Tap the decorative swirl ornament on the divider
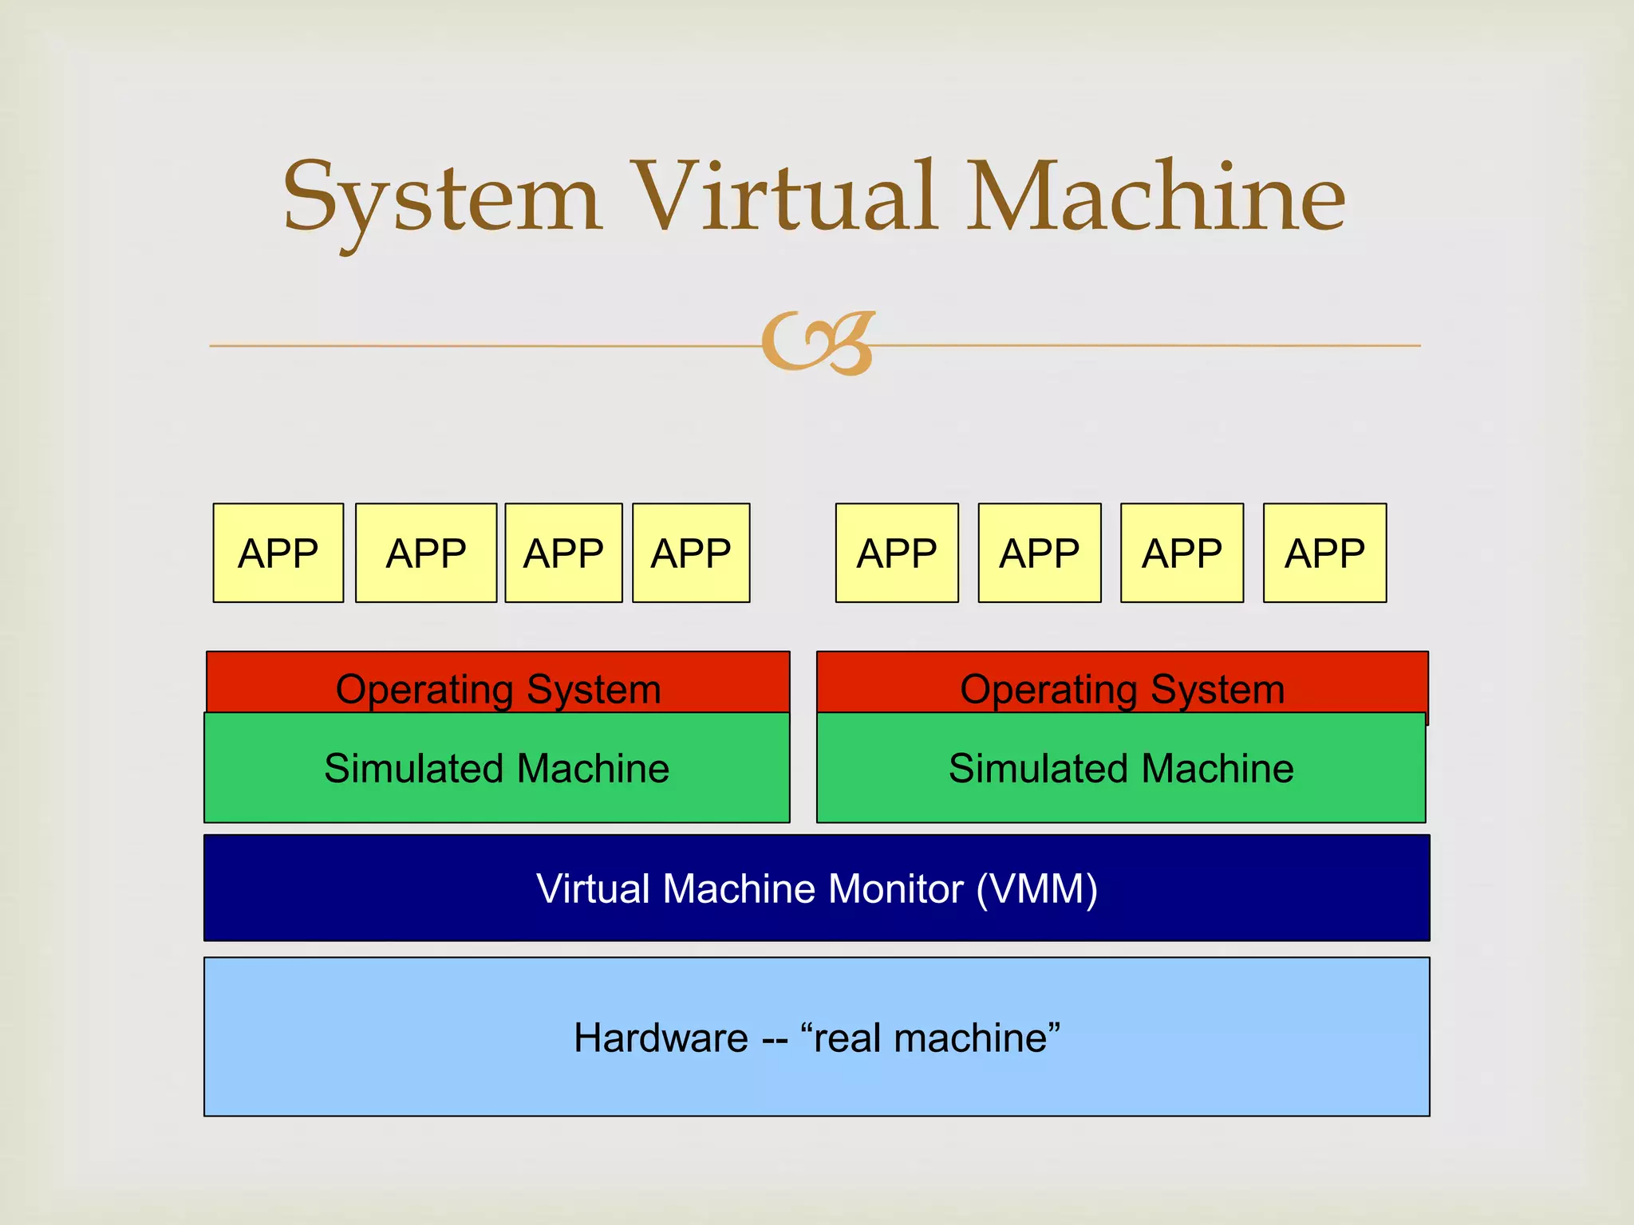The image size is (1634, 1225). (819, 344)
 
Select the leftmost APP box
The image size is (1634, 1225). (278, 553)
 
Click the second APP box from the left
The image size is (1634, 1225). (425, 553)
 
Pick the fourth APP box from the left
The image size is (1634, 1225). (690, 553)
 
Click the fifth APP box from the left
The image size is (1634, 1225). (896, 553)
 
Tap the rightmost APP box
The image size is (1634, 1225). (1324, 553)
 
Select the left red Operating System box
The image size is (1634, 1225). (498, 683)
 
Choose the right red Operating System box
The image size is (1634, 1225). (1122, 683)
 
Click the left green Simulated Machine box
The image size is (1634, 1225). (496, 768)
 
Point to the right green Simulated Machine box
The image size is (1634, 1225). (1120, 768)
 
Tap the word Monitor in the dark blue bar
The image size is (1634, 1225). (895, 888)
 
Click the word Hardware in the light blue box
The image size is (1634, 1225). (661, 1038)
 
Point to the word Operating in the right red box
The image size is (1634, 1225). (1048, 690)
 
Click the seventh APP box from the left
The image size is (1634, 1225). (1182, 553)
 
